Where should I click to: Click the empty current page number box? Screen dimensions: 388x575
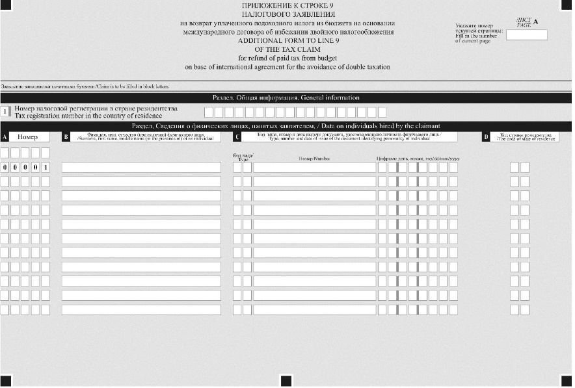(x=526, y=35)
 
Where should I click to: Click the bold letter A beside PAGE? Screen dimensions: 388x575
(x=536, y=21)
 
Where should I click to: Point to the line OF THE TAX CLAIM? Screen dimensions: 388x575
(x=287, y=49)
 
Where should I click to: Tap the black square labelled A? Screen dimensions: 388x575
(x=5, y=137)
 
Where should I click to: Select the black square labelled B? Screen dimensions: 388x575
(x=66, y=137)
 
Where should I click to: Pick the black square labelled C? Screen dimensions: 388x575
(x=237, y=137)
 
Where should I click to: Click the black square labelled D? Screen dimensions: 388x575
(x=485, y=137)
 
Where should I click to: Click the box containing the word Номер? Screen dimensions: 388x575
(x=28, y=137)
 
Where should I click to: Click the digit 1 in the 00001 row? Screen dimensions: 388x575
(x=46, y=168)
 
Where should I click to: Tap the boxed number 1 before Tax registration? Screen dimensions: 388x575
(x=5, y=112)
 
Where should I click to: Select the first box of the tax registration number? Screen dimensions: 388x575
(x=209, y=112)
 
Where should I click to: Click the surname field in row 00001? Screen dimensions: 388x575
(x=141, y=168)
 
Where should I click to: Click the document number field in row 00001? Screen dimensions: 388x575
(x=314, y=168)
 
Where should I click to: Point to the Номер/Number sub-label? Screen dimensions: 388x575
(x=314, y=158)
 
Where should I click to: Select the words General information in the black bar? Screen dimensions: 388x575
(x=330, y=98)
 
